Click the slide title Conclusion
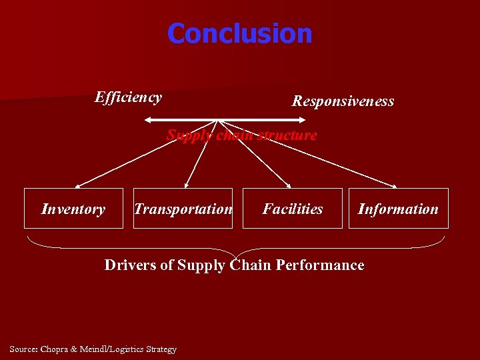pos(239,33)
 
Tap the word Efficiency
pos(128,97)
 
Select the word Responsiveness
pos(343,101)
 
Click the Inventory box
pos(73,209)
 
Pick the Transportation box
pos(183,209)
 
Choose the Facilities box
pos(292,209)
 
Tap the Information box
pos(398,209)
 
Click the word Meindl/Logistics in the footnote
pos(114,349)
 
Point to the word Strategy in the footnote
pos(161,349)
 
